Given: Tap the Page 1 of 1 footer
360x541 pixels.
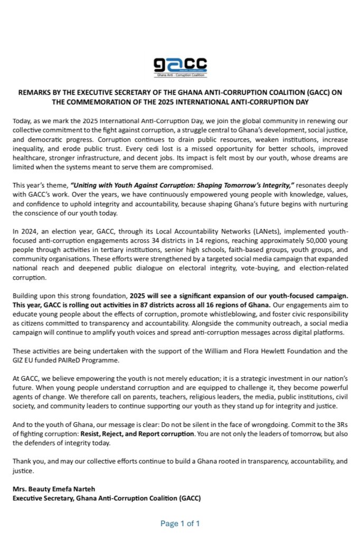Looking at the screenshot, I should (180, 524).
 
